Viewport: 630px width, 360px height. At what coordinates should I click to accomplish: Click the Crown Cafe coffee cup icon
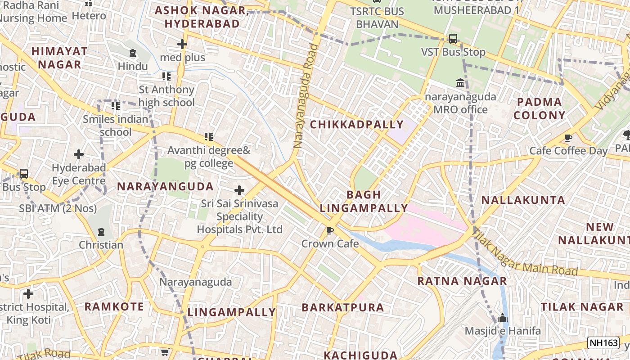coord(330,231)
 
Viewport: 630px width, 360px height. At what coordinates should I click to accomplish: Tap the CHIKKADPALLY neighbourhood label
coord(357,125)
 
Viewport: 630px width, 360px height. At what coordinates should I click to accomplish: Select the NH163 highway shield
coord(603,343)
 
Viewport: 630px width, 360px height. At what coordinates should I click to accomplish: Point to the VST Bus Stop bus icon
coord(453,39)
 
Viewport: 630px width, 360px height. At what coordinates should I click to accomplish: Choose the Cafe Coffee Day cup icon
coord(568,138)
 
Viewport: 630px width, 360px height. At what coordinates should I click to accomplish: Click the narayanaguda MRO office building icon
coord(460,83)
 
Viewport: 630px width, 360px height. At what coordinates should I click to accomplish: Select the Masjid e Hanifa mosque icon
coord(503,318)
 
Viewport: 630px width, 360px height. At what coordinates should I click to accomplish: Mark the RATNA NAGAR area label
coord(462,281)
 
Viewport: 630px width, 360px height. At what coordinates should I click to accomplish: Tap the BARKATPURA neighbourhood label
coord(343,307)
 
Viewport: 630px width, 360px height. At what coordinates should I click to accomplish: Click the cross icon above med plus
coord(182,44)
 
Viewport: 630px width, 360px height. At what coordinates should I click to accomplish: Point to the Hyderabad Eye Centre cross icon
coord(79,154)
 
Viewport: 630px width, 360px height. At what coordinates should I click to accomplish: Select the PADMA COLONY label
coord(539,108)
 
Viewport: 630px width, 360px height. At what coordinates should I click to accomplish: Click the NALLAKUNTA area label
coord(523,200)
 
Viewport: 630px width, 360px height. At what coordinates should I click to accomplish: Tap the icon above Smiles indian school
coord(116,106)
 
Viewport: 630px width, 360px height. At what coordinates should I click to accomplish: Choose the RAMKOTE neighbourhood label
coord(114,307)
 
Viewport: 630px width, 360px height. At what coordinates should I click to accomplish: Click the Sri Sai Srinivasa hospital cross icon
coord(239,190)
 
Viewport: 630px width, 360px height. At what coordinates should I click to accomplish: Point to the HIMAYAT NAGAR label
coord(59,58)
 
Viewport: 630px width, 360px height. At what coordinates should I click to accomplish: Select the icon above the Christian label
coord(101,232)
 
